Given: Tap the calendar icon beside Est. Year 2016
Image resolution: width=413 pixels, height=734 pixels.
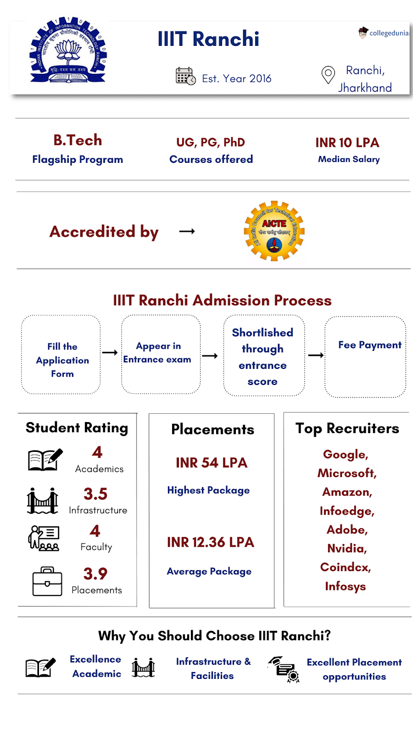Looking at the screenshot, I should (x=185, y=76).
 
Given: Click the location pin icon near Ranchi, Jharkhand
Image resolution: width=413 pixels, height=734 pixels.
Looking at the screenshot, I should (x=328, y=75).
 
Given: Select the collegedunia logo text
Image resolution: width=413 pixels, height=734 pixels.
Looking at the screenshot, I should (x=388, y=33).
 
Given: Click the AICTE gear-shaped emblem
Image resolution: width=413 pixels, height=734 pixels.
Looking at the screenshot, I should (x=274, y=231).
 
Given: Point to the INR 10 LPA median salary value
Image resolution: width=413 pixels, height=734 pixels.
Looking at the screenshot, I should (x=347, y=143).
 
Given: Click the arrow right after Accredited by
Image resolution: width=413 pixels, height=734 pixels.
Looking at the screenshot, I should (x=187, y=232).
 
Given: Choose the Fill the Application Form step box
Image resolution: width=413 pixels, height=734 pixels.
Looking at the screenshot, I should (x=61, y=355).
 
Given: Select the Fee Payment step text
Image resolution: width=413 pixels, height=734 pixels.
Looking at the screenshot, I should (x=370, y=345).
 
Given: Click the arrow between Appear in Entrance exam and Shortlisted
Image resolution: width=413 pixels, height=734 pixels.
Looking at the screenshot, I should (x=210, y=356).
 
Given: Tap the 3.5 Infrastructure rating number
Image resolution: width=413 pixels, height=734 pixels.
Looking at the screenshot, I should (x=95, y=494).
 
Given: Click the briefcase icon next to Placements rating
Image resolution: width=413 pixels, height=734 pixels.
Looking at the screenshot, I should (x=47, y=582).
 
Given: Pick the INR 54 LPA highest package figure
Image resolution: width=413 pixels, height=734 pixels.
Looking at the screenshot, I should (x=212, y=463).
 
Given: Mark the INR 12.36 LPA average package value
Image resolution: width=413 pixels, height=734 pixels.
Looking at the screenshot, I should (x=210, y=542).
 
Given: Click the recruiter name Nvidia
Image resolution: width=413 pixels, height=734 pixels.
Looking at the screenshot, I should (x=347, y=548).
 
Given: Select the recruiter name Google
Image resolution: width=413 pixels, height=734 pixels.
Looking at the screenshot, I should (x=346, y=455).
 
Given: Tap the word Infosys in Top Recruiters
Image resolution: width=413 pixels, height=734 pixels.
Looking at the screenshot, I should (x=346, y=586).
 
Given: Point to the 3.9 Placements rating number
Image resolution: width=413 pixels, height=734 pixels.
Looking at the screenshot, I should (x=95, y=574).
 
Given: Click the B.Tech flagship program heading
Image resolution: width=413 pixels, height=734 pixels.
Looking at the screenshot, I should (x=78, y=140).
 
